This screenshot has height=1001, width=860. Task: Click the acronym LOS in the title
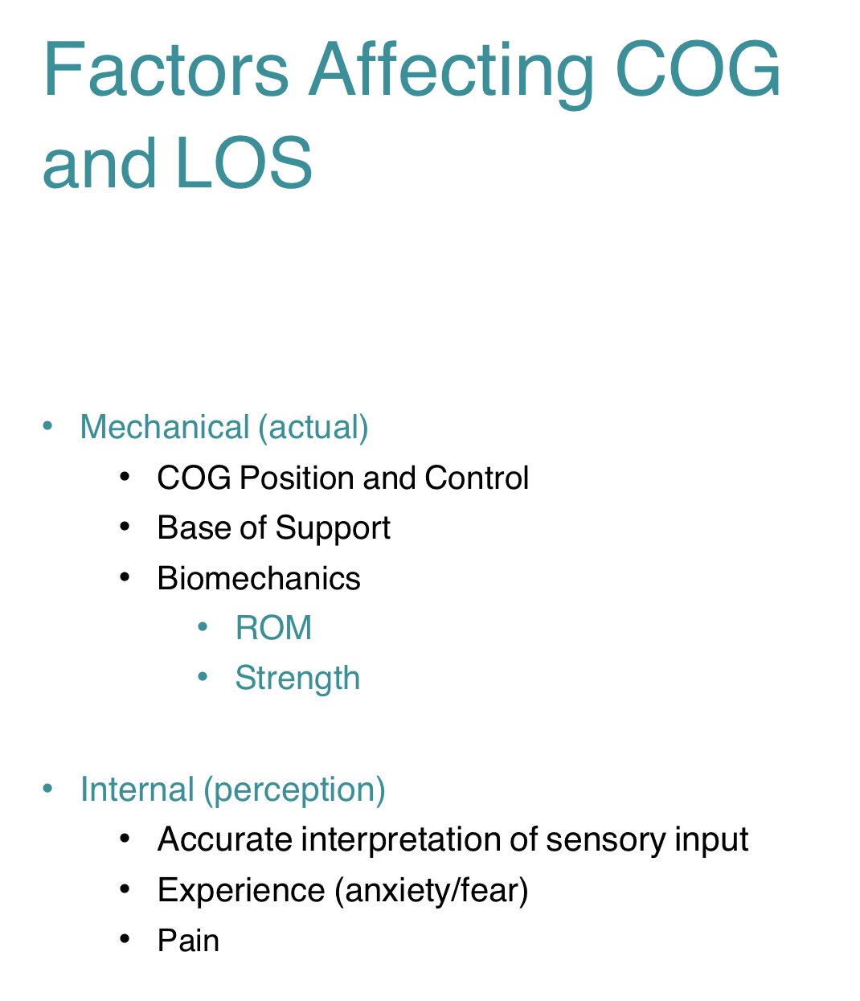click(243, 164)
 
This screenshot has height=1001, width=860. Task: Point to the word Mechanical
click(165, 427)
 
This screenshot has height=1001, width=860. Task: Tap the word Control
click(477, 478)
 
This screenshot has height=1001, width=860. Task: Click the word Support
click(333, 528)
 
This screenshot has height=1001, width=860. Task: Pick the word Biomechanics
click(259, 578)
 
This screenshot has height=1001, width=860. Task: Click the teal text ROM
click(273, 628)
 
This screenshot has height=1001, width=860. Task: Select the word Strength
click(297, 679)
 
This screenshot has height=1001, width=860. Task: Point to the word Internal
click(137, 790)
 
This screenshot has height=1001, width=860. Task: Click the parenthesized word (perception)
click(294, 790)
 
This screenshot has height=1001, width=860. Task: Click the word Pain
click(188, 940)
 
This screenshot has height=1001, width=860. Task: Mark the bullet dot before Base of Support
click(124, 527)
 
